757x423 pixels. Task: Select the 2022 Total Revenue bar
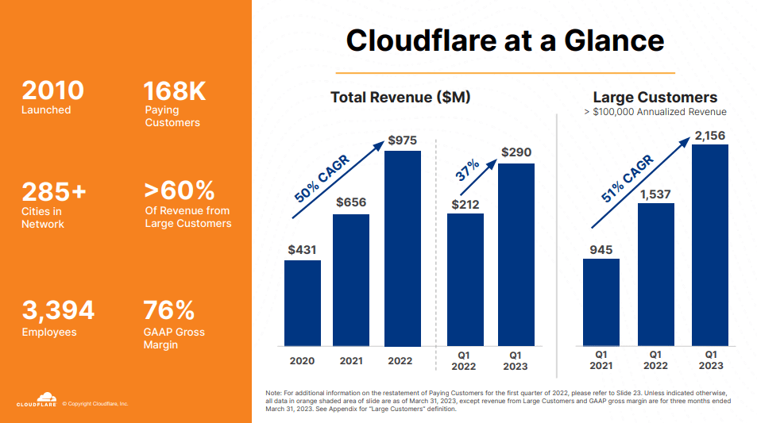point(403,248)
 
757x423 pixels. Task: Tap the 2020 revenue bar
point(303,303)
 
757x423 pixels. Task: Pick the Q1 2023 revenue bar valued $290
point(516,255)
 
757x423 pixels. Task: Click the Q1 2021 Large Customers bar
point(601,302)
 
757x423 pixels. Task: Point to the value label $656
point(351,202)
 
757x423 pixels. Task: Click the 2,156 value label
point(709,137)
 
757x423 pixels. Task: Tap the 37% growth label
point(467,171)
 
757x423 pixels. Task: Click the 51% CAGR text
point(628,179)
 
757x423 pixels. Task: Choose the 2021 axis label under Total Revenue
point(352,361)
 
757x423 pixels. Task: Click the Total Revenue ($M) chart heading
point(400,98)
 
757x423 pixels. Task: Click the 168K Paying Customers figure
point(175,91)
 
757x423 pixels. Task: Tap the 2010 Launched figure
point(52,90)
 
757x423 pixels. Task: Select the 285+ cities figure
point(54,192)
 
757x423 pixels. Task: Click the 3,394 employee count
point(58,310)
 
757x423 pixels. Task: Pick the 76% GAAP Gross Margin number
point(168,310)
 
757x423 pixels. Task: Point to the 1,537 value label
point(655,194)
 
